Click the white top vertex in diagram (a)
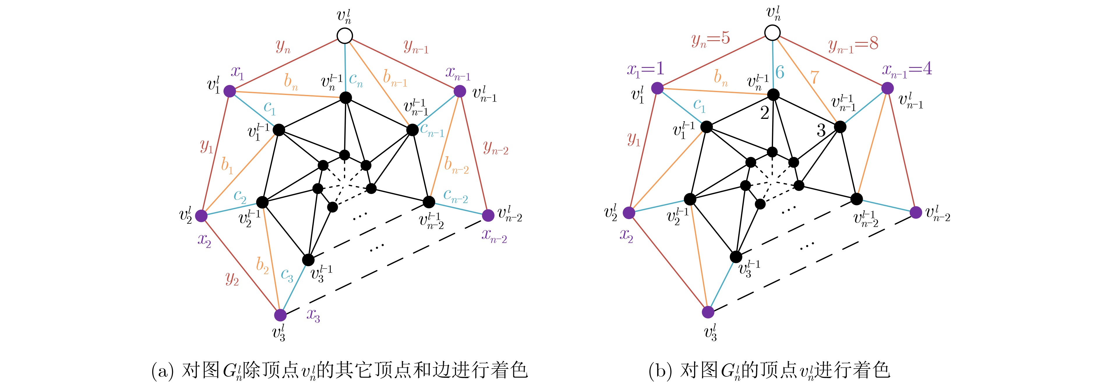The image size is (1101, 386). click(345, 36)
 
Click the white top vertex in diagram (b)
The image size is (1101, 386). click(772, 33)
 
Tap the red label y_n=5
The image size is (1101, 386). click(710, 39)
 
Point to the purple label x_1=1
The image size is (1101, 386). click(645, 69)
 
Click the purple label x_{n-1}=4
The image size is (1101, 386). click(907, 69)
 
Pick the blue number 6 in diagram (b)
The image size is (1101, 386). click(780, 73)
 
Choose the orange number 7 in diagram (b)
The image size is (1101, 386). click(815, 77)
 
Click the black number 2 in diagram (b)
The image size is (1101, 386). click(765, 113)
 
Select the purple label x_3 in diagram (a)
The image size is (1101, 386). click(313, 316)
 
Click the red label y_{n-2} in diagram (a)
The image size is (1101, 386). click(495, 148)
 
